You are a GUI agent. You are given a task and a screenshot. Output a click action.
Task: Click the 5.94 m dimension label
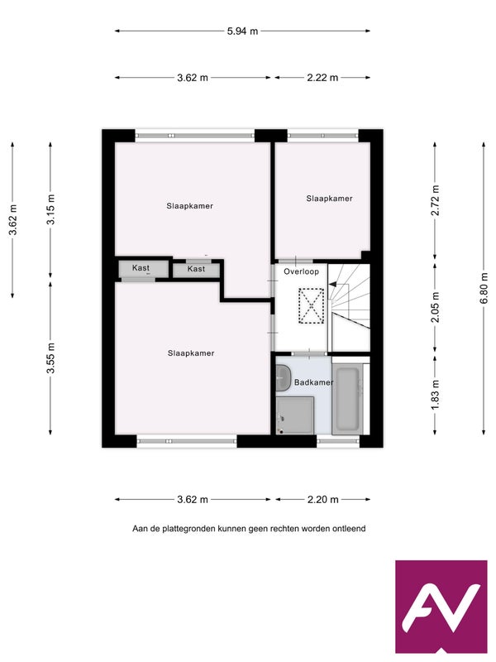click(x=242, y=31)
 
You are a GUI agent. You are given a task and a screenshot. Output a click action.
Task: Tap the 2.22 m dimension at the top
click(x=322, y=78)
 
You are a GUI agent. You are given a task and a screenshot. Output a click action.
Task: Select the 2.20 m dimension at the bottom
click(x=322, y=500)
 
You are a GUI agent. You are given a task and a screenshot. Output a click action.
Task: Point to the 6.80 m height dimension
click(x=484, y=288)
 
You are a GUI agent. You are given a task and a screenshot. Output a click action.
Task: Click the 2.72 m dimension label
click(x=436, y=200)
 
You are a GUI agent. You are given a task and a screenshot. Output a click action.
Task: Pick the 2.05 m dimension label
click(x=436, y=307)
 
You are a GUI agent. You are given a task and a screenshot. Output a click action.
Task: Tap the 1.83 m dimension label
click(x=436, y=395)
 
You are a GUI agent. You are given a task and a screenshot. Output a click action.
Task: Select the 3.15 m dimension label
click(x=50, y=209)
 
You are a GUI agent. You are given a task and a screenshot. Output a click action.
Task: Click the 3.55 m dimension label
click(x=50, y=358)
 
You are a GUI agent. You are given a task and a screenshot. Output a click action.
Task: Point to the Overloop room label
click(x=301, y=271)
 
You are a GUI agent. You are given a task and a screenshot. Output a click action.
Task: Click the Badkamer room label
click(x=314, y=382)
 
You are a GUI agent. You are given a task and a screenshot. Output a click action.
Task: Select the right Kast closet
click(x=197, y=270)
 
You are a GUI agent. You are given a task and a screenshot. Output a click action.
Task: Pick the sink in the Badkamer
click(x=284, y=377)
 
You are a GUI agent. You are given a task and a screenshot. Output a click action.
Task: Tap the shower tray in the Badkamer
click(x=295, y=415)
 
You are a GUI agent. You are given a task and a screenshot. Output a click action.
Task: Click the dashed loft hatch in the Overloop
click(x=312, y=305)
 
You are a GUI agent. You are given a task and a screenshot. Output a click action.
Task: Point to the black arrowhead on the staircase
click(x=332, y=285)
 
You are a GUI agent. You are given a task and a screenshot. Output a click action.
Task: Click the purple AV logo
click(x=441, y=607)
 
